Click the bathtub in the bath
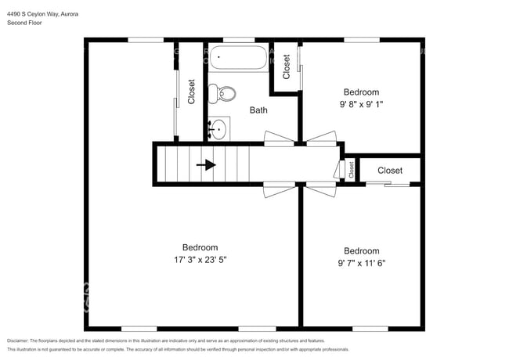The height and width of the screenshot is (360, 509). click(x=237, y=59)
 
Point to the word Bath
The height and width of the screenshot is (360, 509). click(x=258, y=110)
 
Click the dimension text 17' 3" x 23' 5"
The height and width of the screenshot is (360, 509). click(x=200, y=259)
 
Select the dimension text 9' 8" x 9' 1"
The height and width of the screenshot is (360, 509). click(x=360, y=104)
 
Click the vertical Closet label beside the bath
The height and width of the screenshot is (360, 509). click(x=192, y=92)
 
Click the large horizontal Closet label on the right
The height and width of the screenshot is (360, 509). click(x=390, y=170)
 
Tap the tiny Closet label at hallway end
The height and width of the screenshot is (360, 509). click(x=351, y=169)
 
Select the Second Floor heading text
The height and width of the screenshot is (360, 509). click(x=24, y=23)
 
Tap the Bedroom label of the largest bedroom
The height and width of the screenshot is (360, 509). click(x=200, y=247)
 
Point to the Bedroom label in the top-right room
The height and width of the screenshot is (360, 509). click(x=360, y=92)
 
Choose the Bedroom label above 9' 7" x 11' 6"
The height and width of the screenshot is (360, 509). click(x=362, y=251)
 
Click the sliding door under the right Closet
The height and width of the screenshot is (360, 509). click(x=388, y=185)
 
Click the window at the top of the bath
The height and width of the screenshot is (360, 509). click(x=238, y=39)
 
